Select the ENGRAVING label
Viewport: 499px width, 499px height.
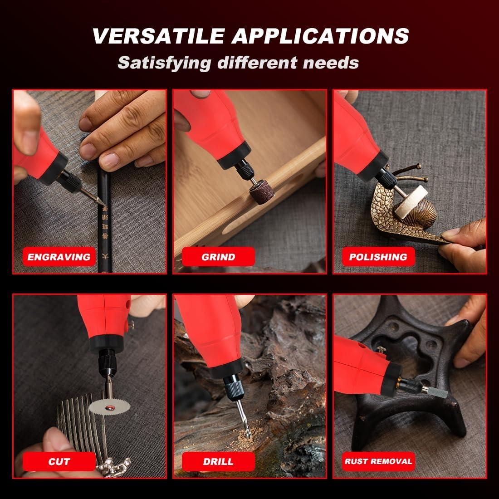pos(59,257)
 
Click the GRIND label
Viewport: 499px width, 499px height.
pos(218,257)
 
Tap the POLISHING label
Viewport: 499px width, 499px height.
pos(378,257)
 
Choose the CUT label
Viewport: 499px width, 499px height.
pos(59,462)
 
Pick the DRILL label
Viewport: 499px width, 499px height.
pos(218,462)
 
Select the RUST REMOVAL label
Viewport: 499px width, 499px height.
pos(378,462)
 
